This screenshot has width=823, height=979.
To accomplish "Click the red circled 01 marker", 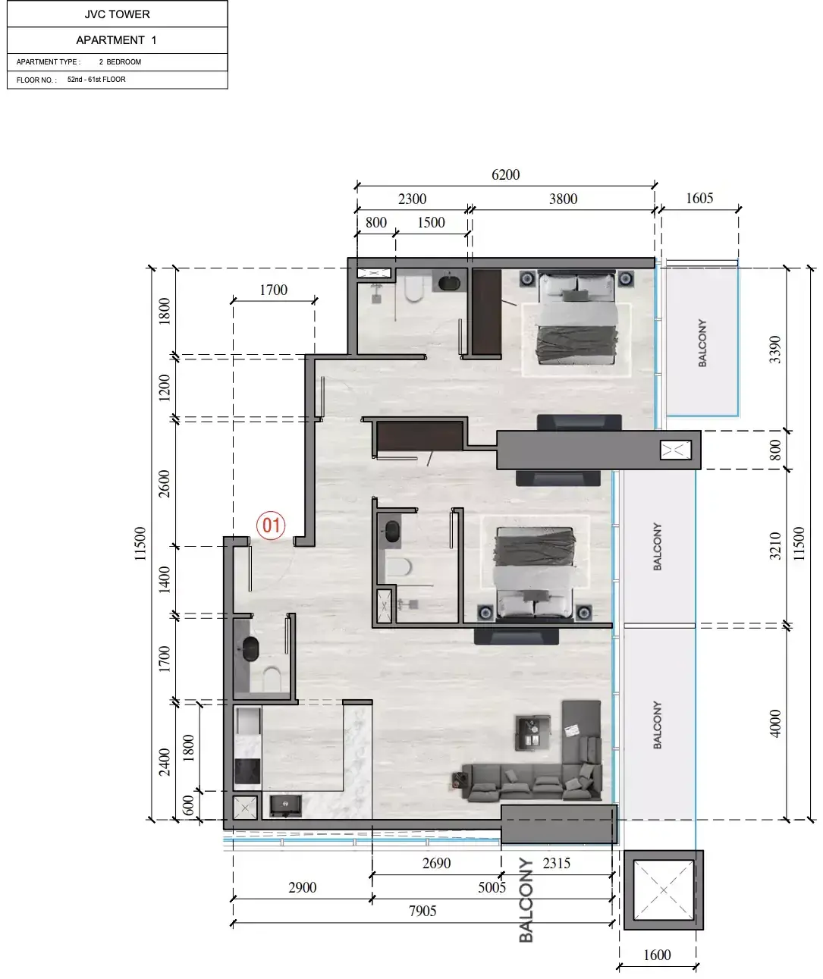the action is point(271,525).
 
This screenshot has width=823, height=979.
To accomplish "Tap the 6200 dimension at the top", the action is point(505,175).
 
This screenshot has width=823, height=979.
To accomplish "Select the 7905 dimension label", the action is point(422,911).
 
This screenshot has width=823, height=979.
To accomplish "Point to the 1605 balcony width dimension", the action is point(699,199).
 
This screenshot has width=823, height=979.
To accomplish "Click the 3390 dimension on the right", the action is point(774,350).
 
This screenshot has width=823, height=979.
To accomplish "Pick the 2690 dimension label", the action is point(436,863).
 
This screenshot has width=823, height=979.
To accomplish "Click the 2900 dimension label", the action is point(303,887).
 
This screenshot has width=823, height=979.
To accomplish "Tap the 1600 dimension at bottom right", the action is point(657,955).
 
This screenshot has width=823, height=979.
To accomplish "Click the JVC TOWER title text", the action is point(118,14).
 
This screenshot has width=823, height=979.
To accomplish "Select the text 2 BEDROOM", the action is point(120,62).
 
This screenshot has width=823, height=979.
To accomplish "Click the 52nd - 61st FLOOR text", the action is point(96,80).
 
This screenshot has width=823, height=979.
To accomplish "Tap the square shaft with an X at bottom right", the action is point(663,890).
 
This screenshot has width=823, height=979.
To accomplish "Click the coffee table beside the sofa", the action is point(532,733).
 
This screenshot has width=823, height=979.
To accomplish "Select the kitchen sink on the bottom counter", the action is point(286,805).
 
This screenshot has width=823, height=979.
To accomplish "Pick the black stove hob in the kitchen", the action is point(247,771).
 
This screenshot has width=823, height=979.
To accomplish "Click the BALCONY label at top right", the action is point(702,344).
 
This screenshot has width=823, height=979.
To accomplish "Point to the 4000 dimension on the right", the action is point(774,723).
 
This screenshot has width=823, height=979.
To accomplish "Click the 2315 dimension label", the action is point(556,863).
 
